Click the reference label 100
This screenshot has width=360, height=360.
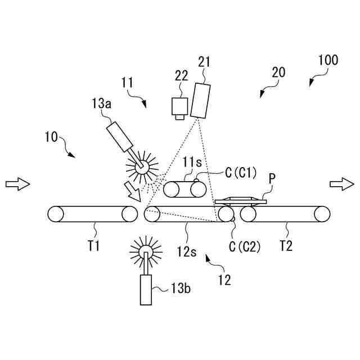pyautogui.click(x=328, y=60)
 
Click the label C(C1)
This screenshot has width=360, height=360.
pyautogui.click(x=240, y=173)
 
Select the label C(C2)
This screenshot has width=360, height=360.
pyautogui.click(x=244, y=245)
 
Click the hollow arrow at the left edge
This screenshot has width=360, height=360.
pyautogui.click(x=16, y=184)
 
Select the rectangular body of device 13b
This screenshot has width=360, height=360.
pyautogui.click(x=146, y=290)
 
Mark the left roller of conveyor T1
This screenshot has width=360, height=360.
pyautogui.click(x=56, y=214)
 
